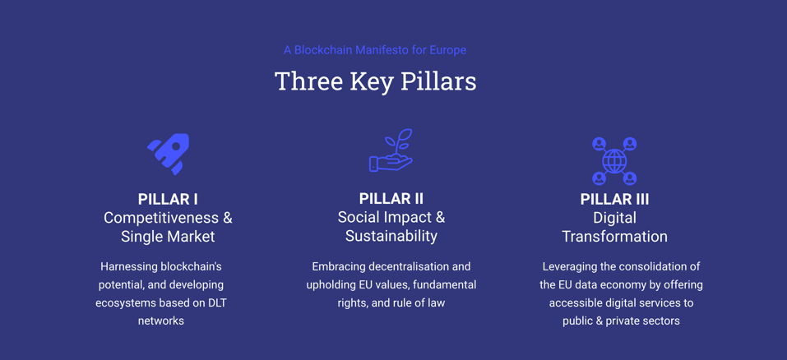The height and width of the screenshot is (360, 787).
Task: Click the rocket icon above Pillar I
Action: [169, 154]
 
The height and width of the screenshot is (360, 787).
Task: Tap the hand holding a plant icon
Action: [391, 150]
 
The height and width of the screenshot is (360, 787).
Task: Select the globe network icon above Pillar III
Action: [614, 161]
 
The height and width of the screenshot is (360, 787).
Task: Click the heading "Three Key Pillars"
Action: [376, 81]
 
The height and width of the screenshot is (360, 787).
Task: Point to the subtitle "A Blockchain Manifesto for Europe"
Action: [375, 50]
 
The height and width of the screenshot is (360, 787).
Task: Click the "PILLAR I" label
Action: [168, 199]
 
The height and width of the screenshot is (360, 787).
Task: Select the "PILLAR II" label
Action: [391, 199]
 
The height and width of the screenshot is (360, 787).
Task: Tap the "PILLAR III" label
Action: [614, 199]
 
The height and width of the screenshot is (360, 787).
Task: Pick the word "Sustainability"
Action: [391, 236]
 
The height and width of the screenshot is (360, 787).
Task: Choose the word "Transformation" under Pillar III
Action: [614, 236]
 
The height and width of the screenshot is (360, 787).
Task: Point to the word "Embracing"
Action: [335, 266]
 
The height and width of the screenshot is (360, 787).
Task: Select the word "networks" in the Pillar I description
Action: [161, 321]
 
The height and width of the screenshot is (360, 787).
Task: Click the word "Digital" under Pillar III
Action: [614, 218]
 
